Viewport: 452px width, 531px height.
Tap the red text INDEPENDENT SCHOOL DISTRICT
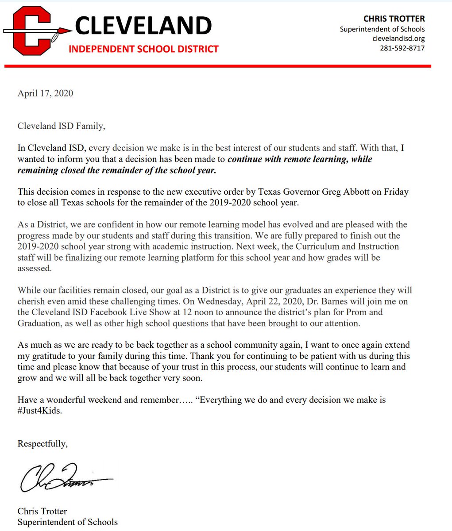click(143, 49)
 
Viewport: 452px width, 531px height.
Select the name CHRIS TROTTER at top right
click(394, 19)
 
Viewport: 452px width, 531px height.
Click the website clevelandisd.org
click(398, 38)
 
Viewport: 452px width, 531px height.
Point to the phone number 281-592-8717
click(402, 48)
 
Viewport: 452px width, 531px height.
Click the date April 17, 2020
click(45, 93)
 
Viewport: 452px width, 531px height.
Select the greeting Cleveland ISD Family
click(61, 126)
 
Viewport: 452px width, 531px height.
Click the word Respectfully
click(42, 443)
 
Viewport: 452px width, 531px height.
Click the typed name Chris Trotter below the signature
click(42, 512)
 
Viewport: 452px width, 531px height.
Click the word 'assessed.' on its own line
click(35, 268)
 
